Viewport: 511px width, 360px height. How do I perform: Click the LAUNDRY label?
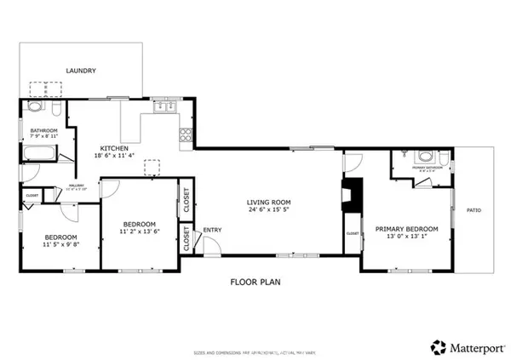(83, 71)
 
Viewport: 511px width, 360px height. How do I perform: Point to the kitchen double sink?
(164, 106)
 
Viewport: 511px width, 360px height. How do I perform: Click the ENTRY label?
(212, 229)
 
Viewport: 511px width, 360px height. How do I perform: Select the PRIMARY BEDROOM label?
(407, 229)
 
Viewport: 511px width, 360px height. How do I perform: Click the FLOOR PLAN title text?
(255, 282)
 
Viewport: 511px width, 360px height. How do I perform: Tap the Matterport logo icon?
(439, 346)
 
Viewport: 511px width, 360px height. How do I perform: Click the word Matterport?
(477, 346)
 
